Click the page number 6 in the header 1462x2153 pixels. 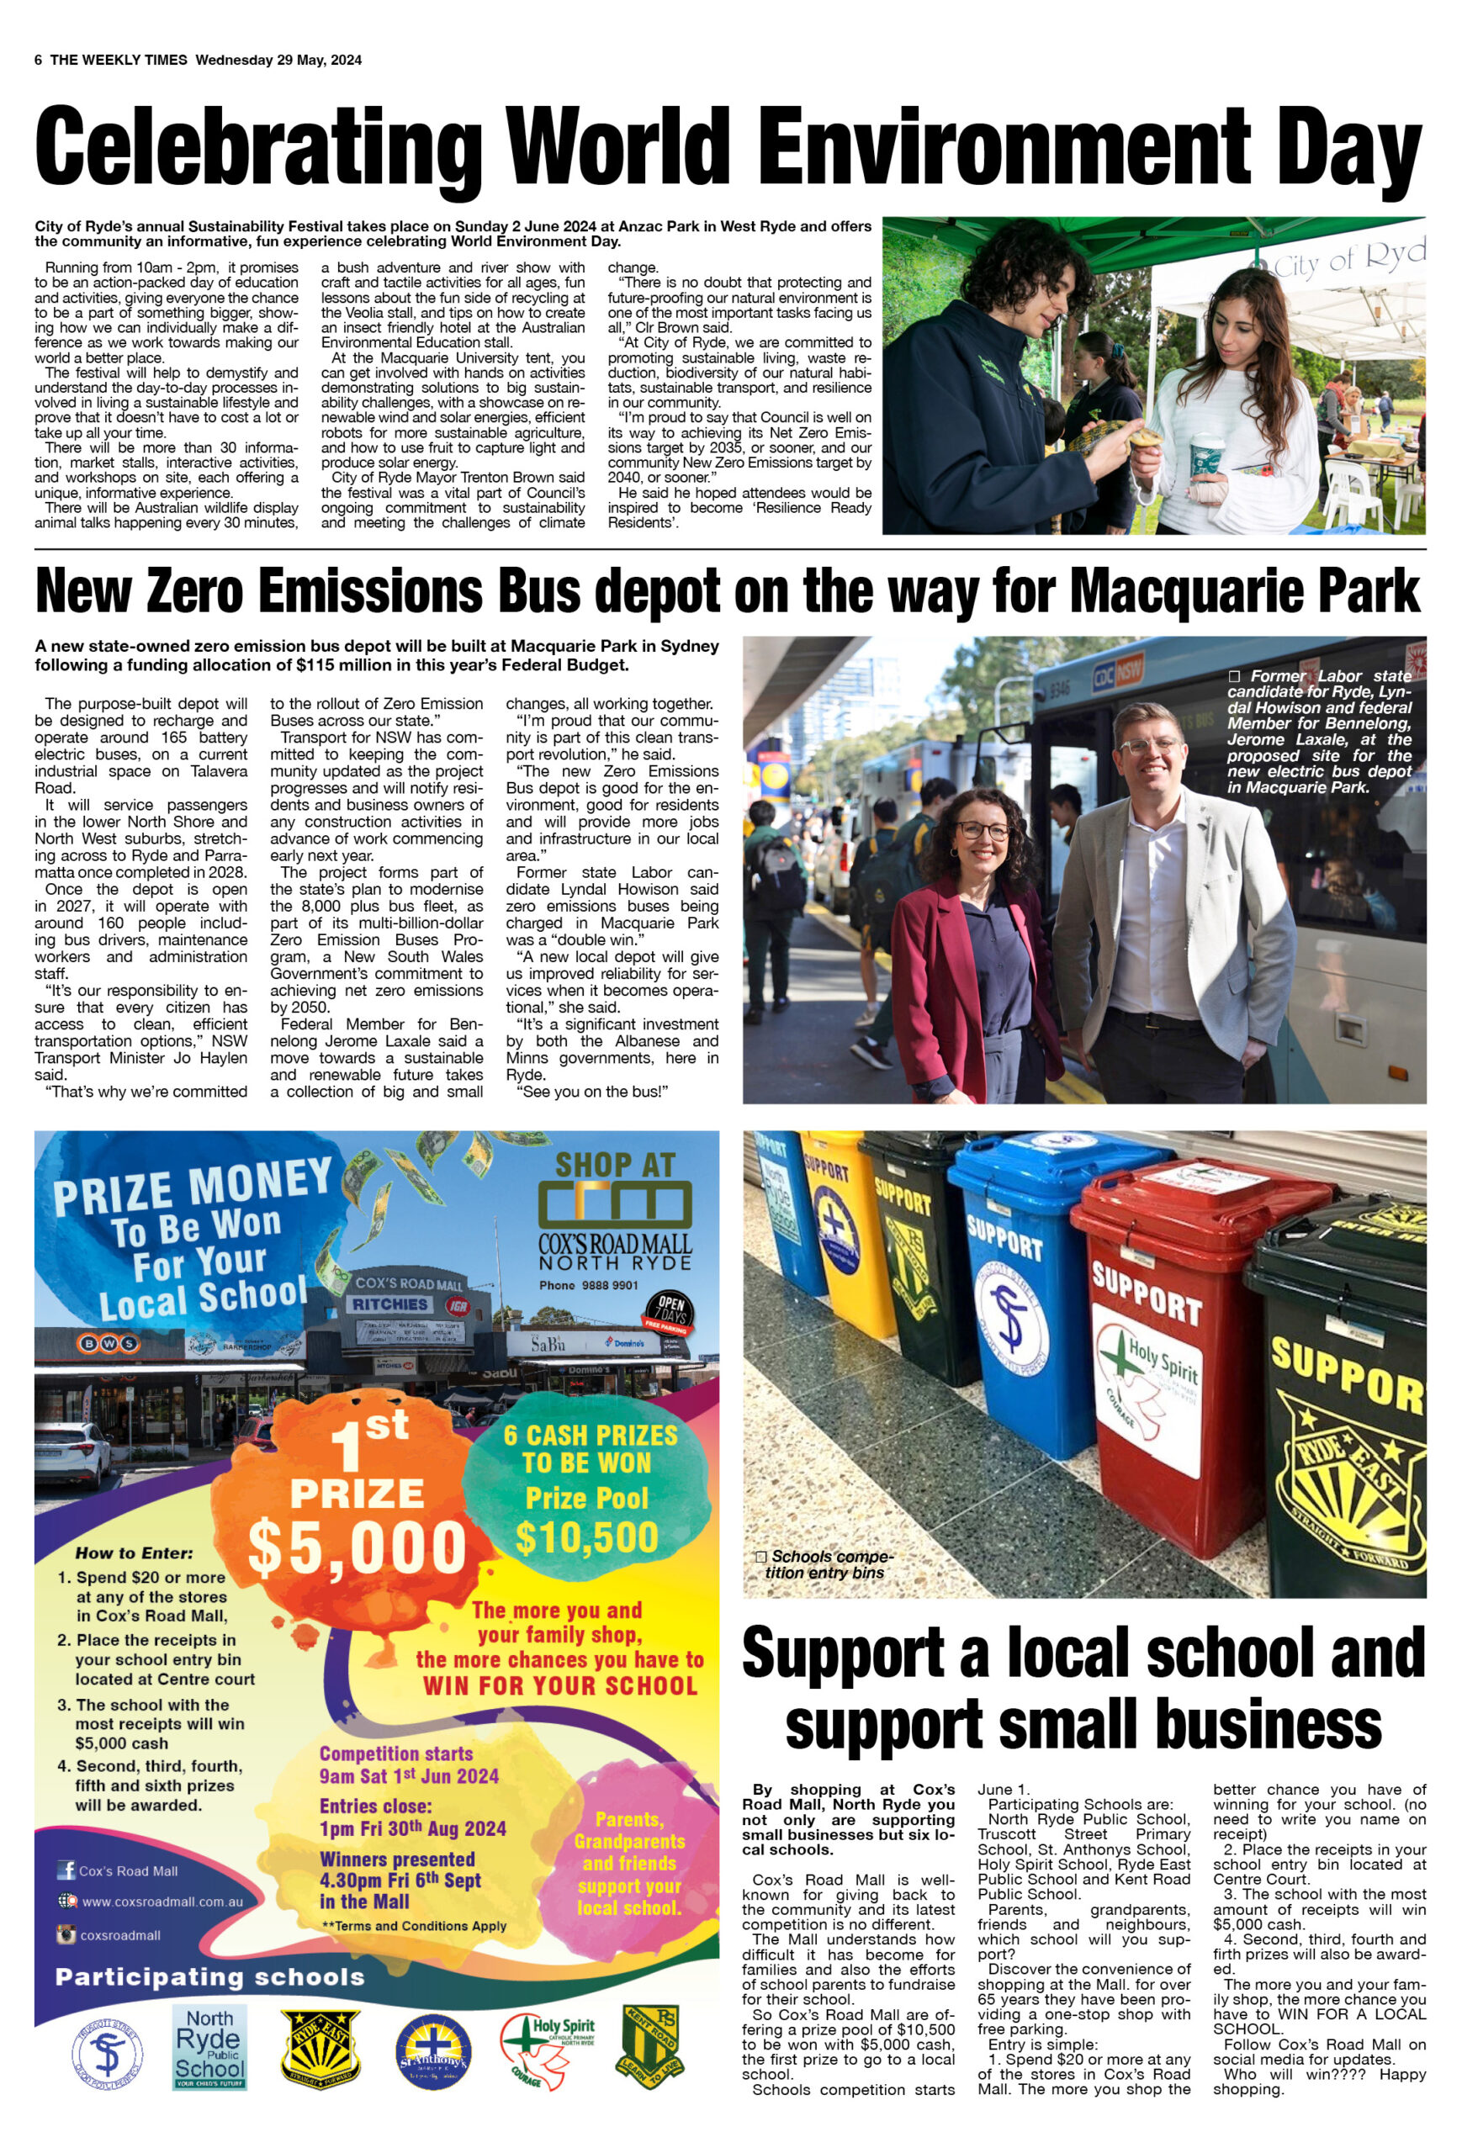38,61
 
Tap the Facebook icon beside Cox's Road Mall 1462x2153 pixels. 66,1870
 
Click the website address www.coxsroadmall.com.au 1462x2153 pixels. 162,1902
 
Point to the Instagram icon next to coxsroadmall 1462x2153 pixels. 66,1934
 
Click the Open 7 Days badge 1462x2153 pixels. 670,1310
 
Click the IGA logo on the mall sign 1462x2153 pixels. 458,1304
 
